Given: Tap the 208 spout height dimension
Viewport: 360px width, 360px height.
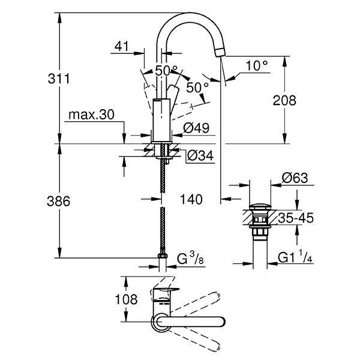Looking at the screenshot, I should click(284, 100).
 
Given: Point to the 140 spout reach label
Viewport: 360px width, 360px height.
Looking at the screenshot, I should click(191, 199).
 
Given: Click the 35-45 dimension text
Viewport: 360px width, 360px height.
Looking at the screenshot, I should click(295, 217).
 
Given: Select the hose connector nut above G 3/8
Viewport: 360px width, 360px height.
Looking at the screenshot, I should click(161, 259).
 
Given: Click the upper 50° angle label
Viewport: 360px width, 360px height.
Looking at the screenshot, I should click(166, 70).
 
